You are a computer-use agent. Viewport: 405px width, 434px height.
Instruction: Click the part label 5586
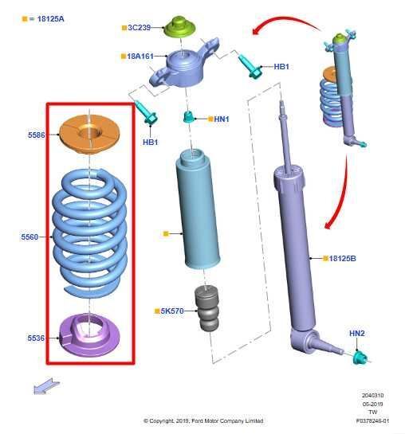(x=37, y=135)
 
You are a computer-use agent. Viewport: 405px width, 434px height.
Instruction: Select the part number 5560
(x=29, y=237)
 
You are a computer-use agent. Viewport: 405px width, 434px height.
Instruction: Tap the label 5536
(x=36, y=338)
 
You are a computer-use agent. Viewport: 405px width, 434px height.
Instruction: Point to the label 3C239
(x=140, y=28)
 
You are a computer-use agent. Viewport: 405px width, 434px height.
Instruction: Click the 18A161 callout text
(x=140, y=57)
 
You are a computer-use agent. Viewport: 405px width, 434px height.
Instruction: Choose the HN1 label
(x=222, y=119)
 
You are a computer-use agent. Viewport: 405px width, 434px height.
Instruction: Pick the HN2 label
(x=357, y=333)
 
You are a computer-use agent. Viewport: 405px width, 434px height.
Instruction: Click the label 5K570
(x=172, y=311)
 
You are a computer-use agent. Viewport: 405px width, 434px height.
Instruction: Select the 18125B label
(x=342, y=259)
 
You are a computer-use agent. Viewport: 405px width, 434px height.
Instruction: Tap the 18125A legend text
(x=50, y=19)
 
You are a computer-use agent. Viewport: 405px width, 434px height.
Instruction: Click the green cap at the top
(x=179, y=26)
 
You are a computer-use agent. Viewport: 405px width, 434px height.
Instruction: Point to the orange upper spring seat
(x=89, y=135)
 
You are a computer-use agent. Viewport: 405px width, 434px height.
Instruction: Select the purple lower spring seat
(x=89, y=335)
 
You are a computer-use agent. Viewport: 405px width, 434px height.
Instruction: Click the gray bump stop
(x=206, y=309)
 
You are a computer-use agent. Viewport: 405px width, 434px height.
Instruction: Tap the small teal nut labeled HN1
(x=189, y=117)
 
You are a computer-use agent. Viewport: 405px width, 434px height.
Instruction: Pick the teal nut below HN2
(x=360, y=358)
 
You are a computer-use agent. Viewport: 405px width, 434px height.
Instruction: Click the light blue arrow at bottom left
(x=46, y=385)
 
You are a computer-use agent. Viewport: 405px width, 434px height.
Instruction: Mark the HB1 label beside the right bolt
(x=281, y=67)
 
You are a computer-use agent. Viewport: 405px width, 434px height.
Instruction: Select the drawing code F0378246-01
(x=372, y=421)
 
